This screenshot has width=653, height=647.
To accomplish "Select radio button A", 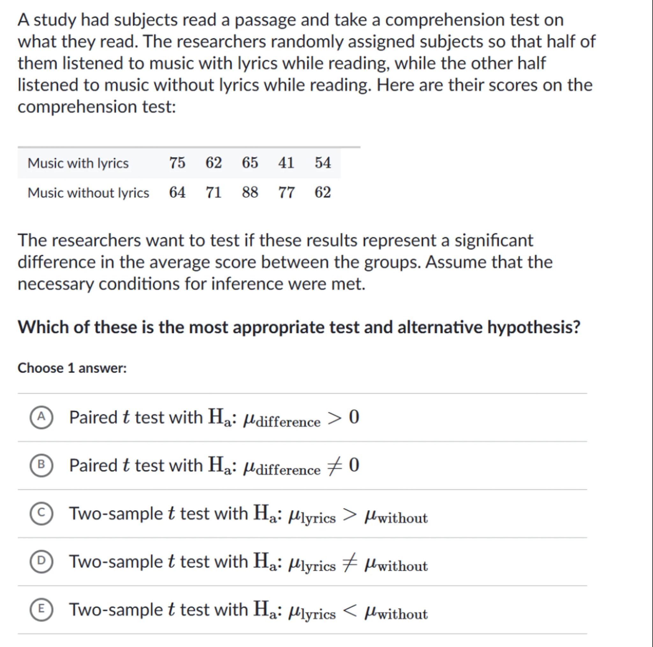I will click(x=41, y=417).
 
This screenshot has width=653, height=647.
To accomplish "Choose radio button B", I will click(x=41, y=466).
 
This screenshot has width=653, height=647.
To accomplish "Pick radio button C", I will click(x=41, y=514).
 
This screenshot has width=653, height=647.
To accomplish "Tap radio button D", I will click(x=41, y=562).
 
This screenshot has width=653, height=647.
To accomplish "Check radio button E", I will click(x=41, y=610).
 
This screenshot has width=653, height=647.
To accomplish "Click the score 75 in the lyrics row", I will click(x=177, y=163).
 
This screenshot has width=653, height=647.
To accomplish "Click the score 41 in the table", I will click(x=286, y=163).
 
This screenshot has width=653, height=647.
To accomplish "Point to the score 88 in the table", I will click(x=250, y=193).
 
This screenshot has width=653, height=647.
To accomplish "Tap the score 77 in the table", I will click(x=286, y=193).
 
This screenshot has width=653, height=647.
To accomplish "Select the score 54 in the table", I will click(x=323, y=163).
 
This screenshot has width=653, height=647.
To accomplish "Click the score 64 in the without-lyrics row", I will click(x=177, y=193).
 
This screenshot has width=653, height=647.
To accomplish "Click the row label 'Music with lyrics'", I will click(x=78, y=164).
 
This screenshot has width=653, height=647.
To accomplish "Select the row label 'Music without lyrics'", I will click(x=88, y=193).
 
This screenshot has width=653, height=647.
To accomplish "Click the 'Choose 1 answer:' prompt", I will click(x=72, y=368).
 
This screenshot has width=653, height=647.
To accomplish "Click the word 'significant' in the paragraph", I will click(x=494, y=241).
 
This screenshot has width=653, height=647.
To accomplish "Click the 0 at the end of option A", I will click(x=354, y=417).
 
